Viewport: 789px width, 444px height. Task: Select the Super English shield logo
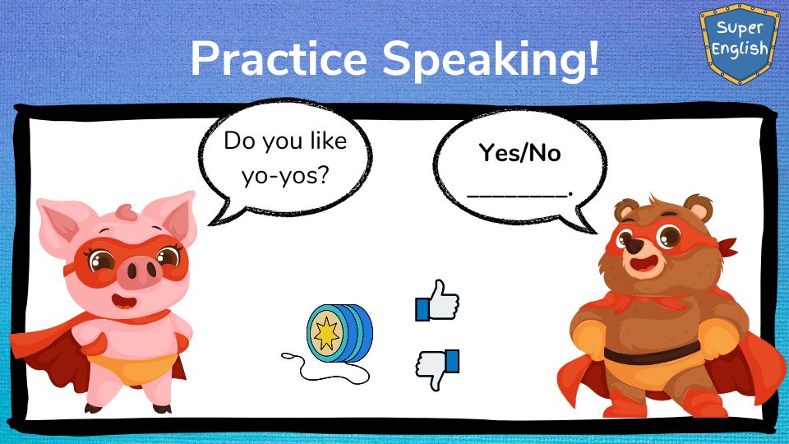tap(739, 44)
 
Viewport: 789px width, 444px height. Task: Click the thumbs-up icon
tap(436, 301)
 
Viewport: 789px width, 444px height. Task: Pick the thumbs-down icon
tap(436, 369)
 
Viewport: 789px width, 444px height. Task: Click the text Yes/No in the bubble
tap(519, 153)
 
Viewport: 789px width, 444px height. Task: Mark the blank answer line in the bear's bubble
tap(519, 194)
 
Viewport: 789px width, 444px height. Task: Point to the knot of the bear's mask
tap(726, 247)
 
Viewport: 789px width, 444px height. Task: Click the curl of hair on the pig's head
tap(125, 211)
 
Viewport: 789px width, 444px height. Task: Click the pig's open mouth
tap(124, 302)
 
